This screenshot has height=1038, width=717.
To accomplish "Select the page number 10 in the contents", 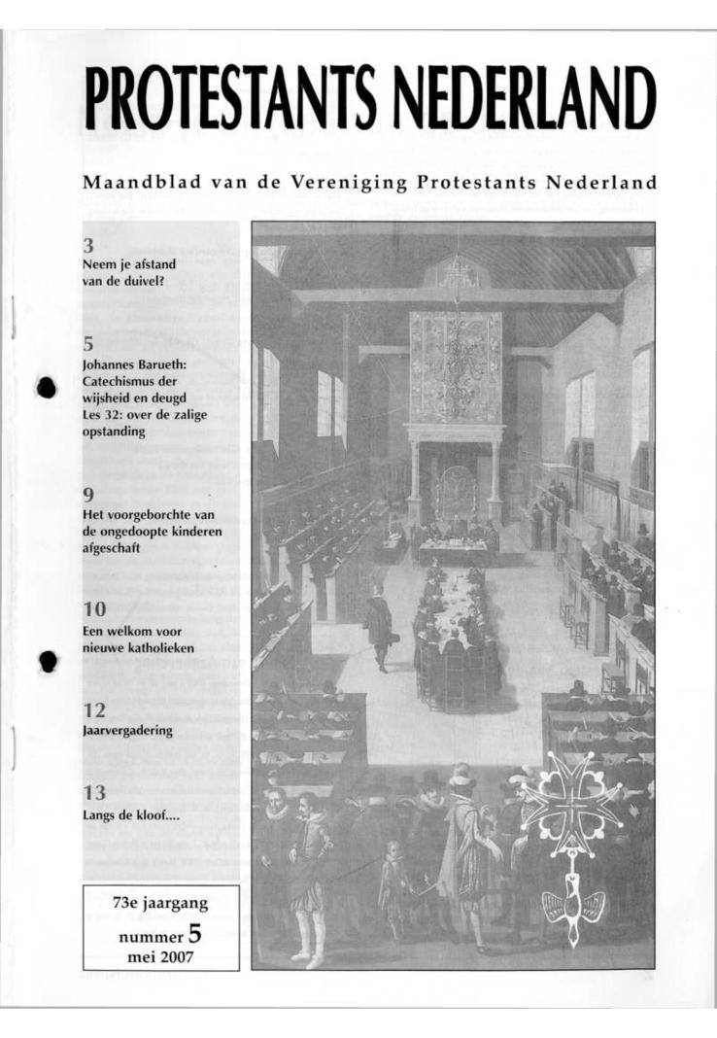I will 94,610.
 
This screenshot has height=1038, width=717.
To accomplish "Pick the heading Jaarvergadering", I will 127,731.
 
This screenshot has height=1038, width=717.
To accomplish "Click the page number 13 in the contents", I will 94,794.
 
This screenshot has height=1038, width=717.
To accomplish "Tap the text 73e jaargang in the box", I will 161,904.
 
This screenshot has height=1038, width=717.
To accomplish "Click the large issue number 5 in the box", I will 195,935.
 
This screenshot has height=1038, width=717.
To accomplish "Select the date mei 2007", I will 161,958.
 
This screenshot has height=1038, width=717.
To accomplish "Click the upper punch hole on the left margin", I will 47,387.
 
